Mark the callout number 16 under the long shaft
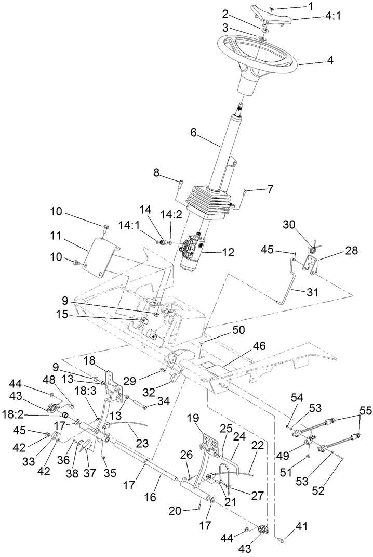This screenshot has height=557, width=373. [150, 497]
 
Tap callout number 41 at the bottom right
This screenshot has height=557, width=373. [301, 527]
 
